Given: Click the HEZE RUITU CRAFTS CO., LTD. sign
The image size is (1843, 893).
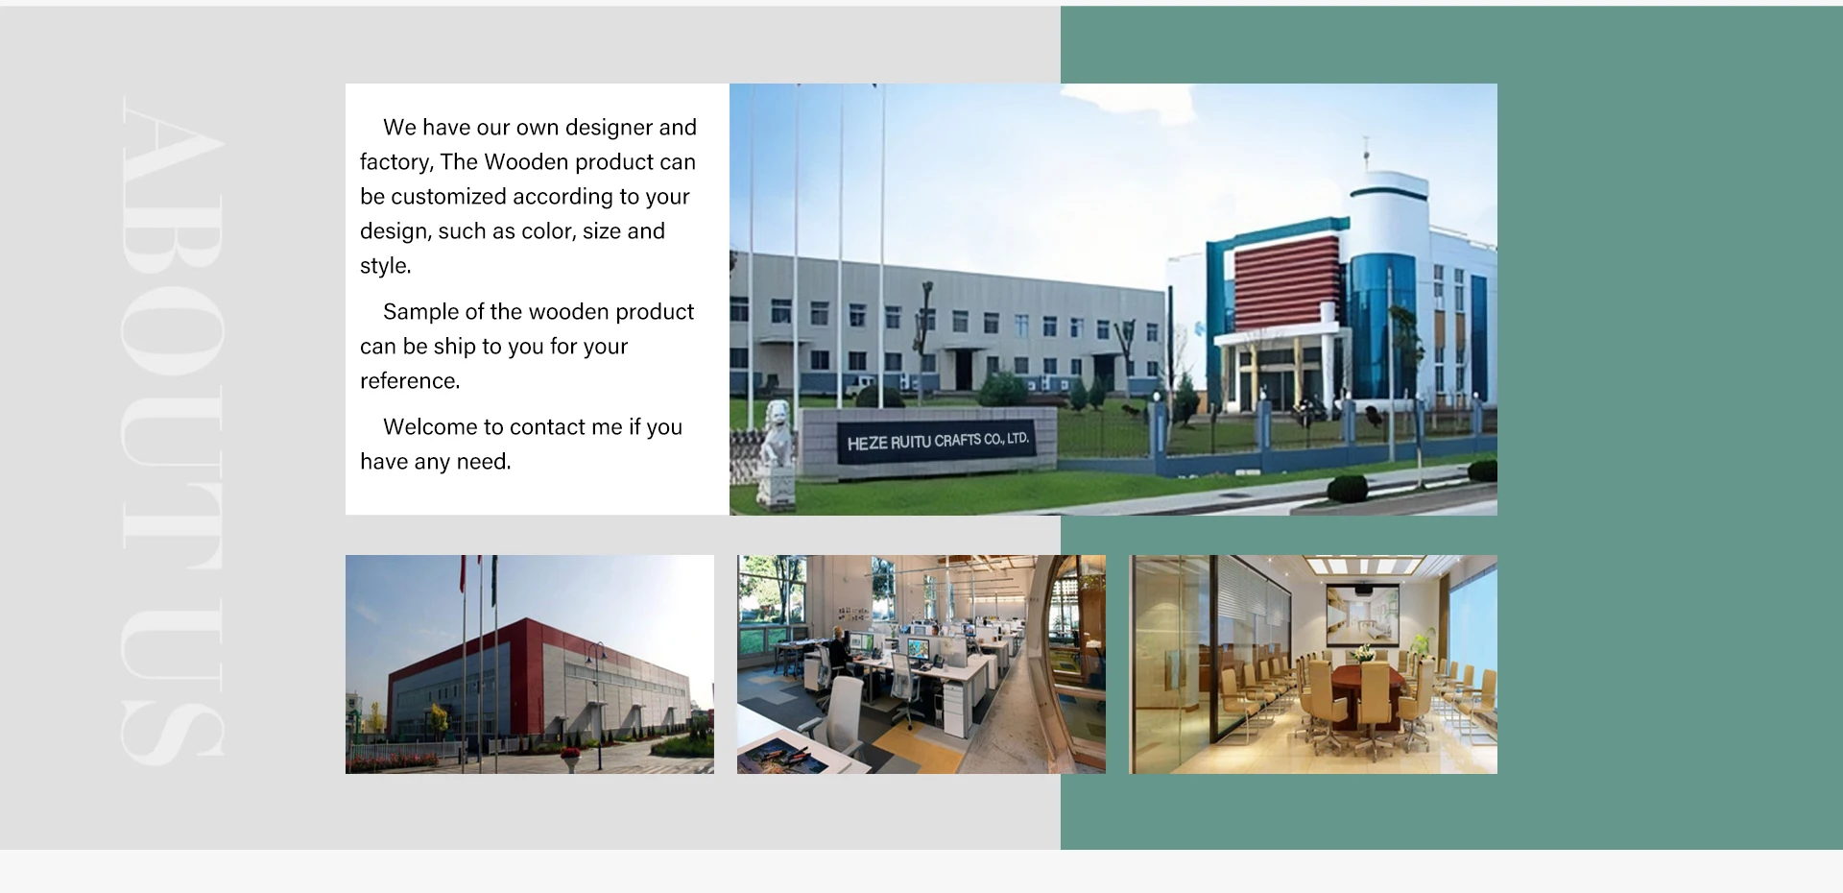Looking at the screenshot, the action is [938, 442].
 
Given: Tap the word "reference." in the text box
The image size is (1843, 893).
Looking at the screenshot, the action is [410, 381].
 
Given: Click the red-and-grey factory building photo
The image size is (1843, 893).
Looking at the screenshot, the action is [530, 664].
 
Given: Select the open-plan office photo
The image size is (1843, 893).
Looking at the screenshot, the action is [921, 664].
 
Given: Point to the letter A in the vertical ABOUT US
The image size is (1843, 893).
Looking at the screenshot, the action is [173, 144].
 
